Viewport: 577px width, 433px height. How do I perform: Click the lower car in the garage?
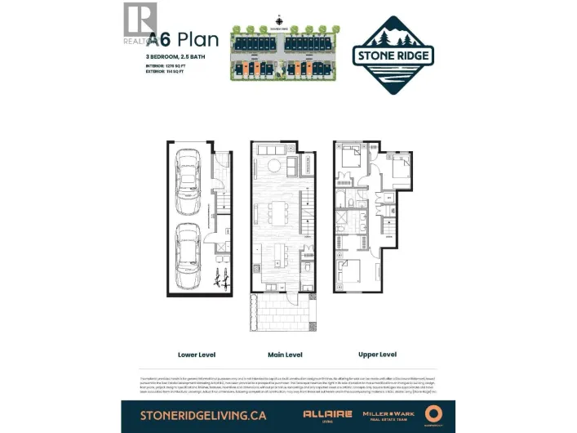coord(188,244)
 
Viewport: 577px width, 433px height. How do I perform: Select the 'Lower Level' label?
coord(195,355)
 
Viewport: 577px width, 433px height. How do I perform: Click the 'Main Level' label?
coord(285,355)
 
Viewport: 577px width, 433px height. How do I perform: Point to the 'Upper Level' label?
coord(377,355)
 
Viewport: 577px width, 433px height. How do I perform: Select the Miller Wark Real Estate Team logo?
coord(389,414)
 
